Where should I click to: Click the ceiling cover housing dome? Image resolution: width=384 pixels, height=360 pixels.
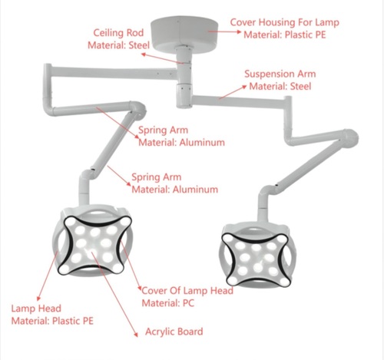pos(184,33)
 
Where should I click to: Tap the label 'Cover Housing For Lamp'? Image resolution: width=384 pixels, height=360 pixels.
pos(285,22)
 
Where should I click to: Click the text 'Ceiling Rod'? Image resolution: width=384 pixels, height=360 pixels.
pos(118,33)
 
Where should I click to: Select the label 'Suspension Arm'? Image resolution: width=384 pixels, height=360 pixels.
pos(280,74)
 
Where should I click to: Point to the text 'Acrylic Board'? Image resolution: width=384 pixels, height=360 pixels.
pos(174,332)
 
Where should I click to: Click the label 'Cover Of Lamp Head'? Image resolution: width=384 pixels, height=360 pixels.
pos(187,291)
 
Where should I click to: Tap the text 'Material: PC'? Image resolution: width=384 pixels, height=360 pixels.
pos(168,303)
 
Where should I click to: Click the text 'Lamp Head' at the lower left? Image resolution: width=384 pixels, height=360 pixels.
pos(36,309)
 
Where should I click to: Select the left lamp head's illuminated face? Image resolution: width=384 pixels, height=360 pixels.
pos(94,245)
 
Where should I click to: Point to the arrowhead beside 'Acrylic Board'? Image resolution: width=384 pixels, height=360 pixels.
pos(137,334)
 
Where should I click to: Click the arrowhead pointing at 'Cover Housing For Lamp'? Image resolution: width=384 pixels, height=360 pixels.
pos(239,31)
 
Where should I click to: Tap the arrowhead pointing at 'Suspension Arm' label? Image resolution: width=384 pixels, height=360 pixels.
pos(244,87)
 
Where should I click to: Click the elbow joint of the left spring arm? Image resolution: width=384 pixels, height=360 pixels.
pos(138,109)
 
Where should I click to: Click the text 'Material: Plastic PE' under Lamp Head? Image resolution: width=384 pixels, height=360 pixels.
pos(52,321)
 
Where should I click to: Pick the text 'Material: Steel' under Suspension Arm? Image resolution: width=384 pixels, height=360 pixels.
pos(280,86)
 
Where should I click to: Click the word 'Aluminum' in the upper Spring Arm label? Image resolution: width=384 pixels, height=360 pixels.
pos(202,143)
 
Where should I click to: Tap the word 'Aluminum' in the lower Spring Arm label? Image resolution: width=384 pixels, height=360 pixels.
pos(195,190)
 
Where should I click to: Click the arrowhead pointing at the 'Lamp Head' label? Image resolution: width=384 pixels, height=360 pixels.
pos(38,299)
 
